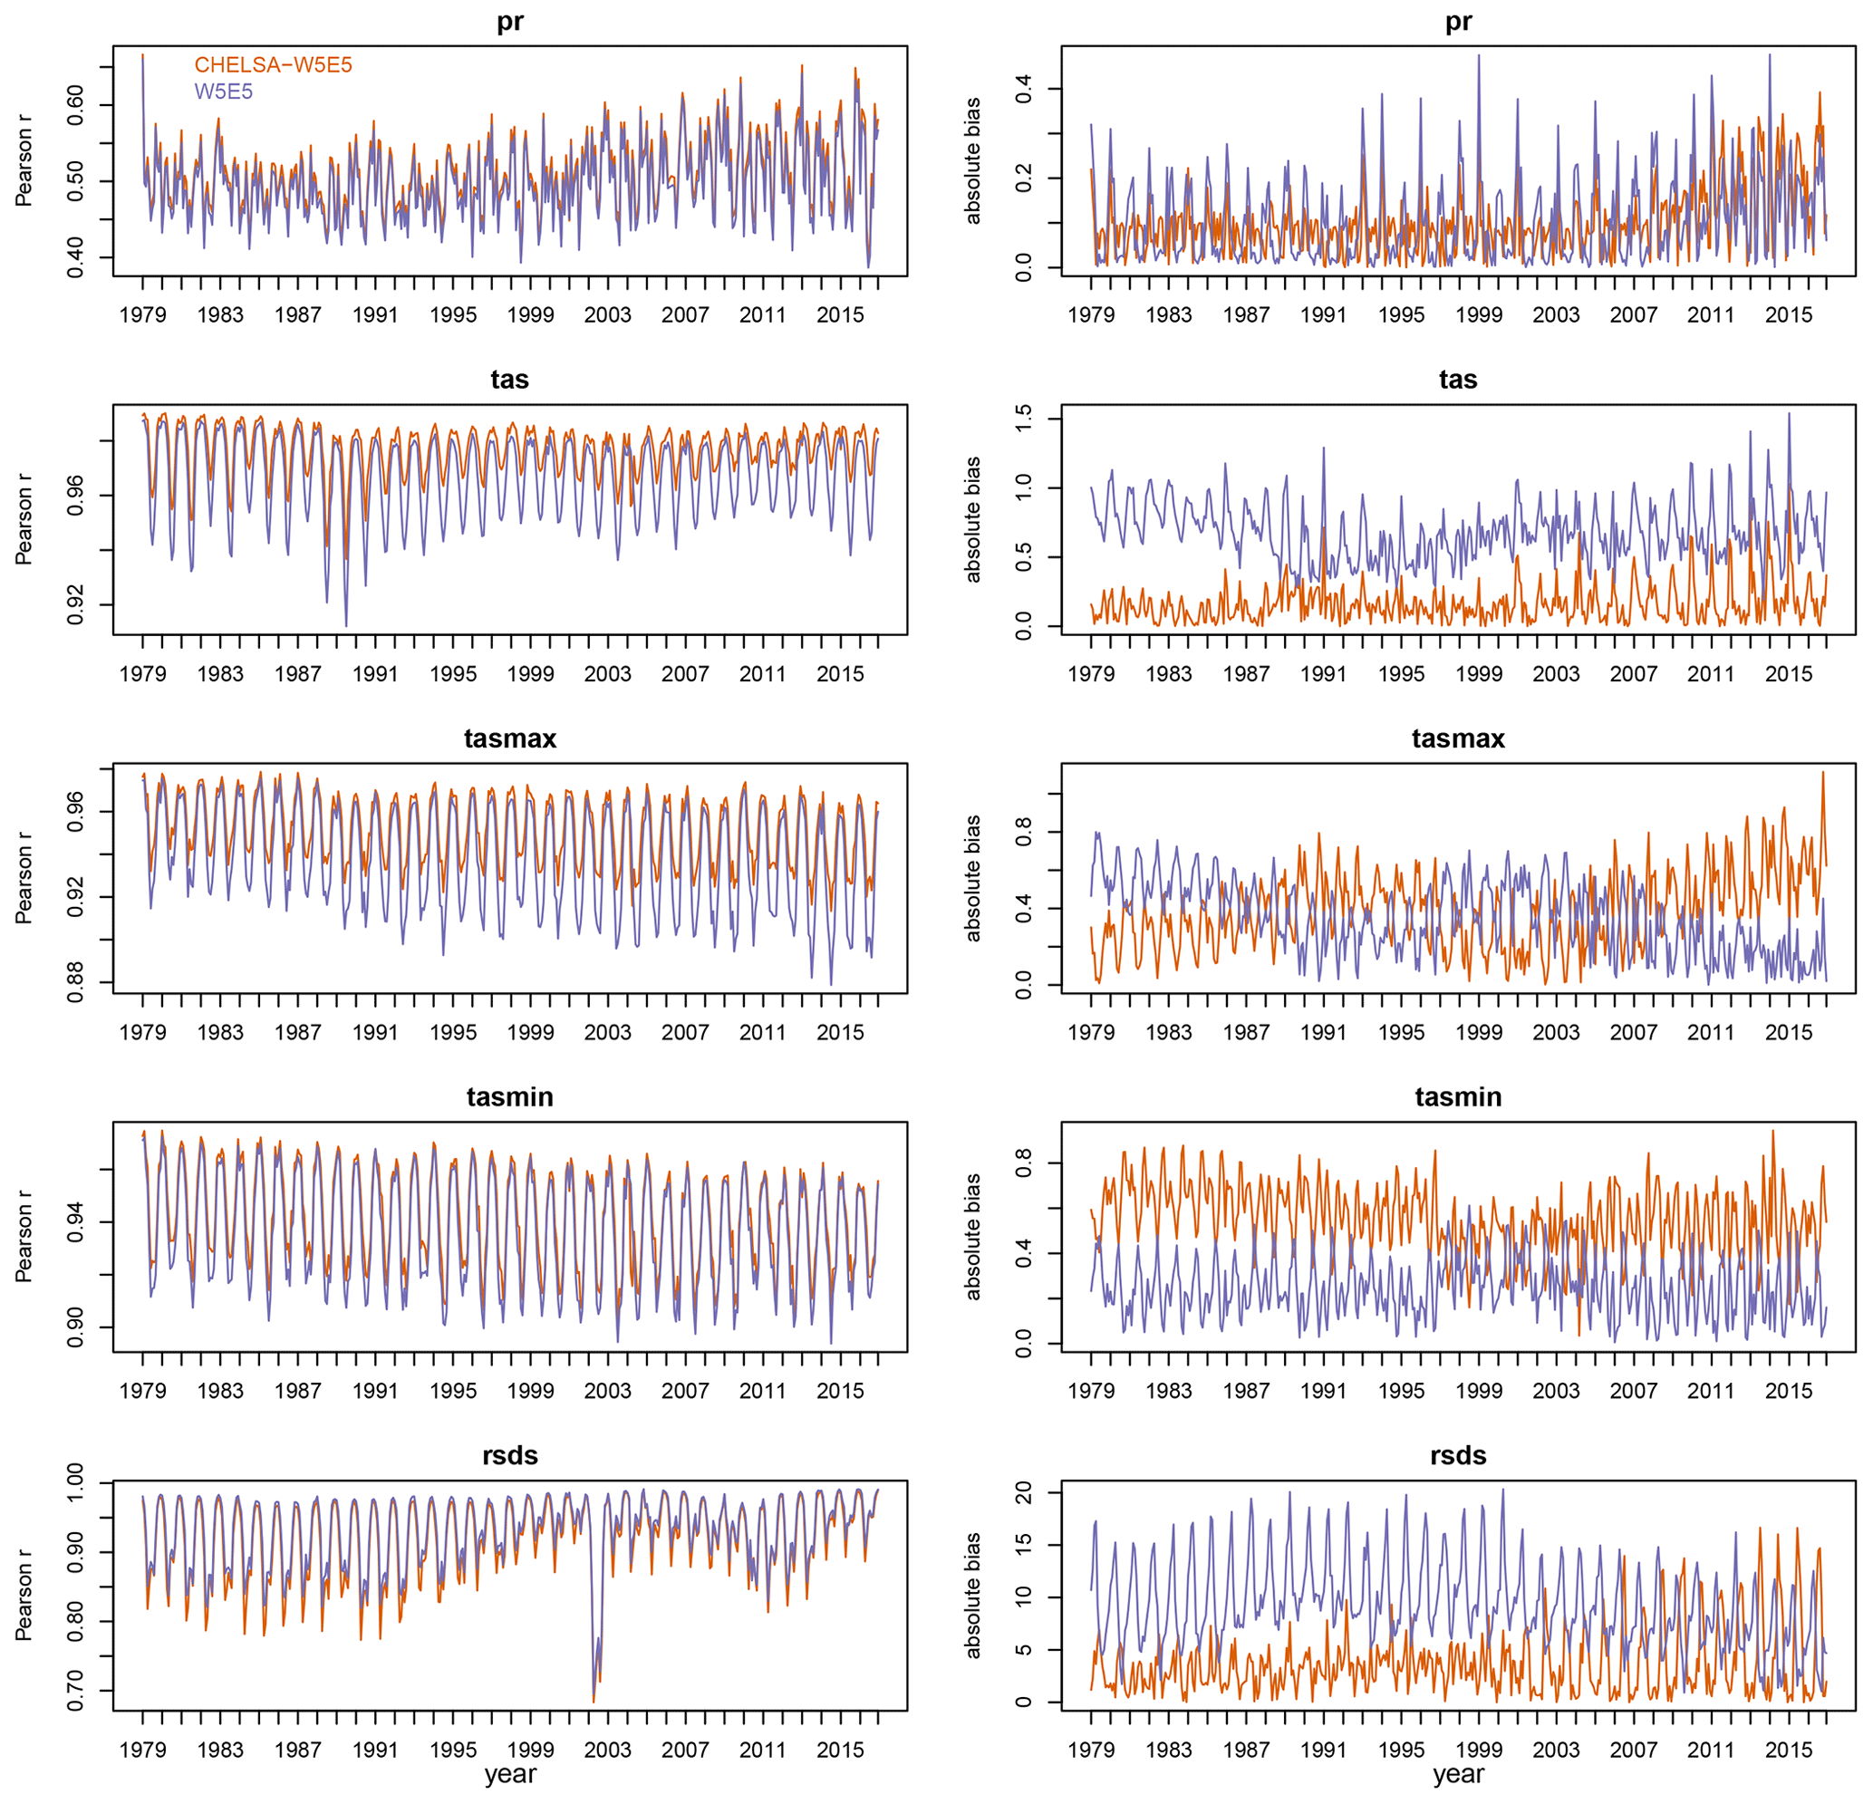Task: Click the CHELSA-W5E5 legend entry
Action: (274, 65)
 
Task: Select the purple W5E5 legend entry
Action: (224, 92)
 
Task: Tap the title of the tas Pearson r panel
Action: (509, 380)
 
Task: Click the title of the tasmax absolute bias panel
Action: (1457, 738)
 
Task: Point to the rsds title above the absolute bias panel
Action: (1457, 1455)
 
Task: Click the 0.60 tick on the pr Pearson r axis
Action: (75, 105)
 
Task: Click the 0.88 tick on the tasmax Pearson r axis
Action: (75, 982)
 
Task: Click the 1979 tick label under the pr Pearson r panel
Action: (142, 315)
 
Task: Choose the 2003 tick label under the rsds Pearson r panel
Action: (607, 1751)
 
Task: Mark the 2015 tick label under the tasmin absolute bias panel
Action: (1788, 1391)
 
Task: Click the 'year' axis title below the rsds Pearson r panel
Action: (509, 1775)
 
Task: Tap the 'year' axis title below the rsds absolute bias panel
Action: (1457, 1775)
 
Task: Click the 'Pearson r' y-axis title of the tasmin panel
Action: (24, 1237)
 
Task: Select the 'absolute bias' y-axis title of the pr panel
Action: (973, 160)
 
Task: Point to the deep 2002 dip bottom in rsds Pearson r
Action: (594, 1702)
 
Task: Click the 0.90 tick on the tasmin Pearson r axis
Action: (75, 1327)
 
